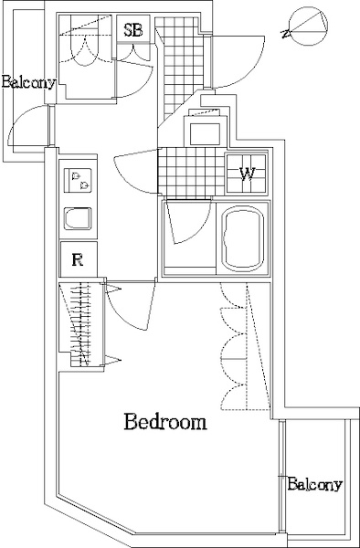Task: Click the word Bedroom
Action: point(165,422)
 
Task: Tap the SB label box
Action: point(133,29)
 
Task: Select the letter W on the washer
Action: point(248,174)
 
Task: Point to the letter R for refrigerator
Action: point(78,259)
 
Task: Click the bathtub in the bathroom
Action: point(243,238)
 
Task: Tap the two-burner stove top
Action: point(79,180)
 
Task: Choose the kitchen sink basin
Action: point(78,219)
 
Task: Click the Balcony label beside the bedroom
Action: point(314,484)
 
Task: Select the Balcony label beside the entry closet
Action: point(28,82)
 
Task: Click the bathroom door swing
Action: point(189,222)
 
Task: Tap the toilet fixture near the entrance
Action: point(205,130)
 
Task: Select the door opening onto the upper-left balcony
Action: point(28,127)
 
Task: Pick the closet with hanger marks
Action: point(81,324)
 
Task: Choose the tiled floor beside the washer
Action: point(191,174)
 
